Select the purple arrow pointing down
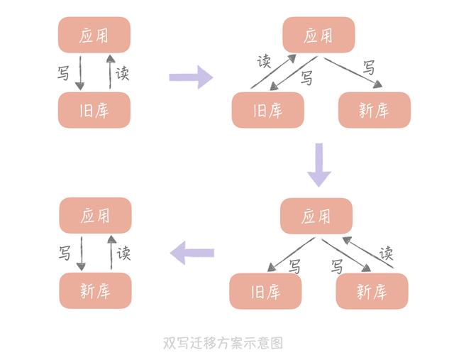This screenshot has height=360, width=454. (319, 164)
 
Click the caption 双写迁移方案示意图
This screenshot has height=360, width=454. (223, 343)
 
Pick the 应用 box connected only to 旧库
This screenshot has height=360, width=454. (94, 35)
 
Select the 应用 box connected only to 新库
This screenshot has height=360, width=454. (95, 215)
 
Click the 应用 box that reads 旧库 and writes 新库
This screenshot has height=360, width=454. (318, 35)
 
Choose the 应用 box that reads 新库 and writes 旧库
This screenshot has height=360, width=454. (316, 216)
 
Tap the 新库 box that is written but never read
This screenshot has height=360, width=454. (374, 110)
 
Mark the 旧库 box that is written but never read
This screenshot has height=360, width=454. (265, 291)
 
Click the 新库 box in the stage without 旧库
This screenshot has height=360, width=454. (95, 291)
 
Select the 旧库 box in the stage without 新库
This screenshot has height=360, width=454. (94, 110)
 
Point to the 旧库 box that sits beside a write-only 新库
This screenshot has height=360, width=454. (267, 110)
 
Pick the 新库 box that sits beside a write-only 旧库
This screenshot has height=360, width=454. (372, 291)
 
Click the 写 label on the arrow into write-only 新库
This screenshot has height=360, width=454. (369, 68)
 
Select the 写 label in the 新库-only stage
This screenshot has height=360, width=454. (65, 253)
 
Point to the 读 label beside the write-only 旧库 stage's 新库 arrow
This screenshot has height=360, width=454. (386, 253)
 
